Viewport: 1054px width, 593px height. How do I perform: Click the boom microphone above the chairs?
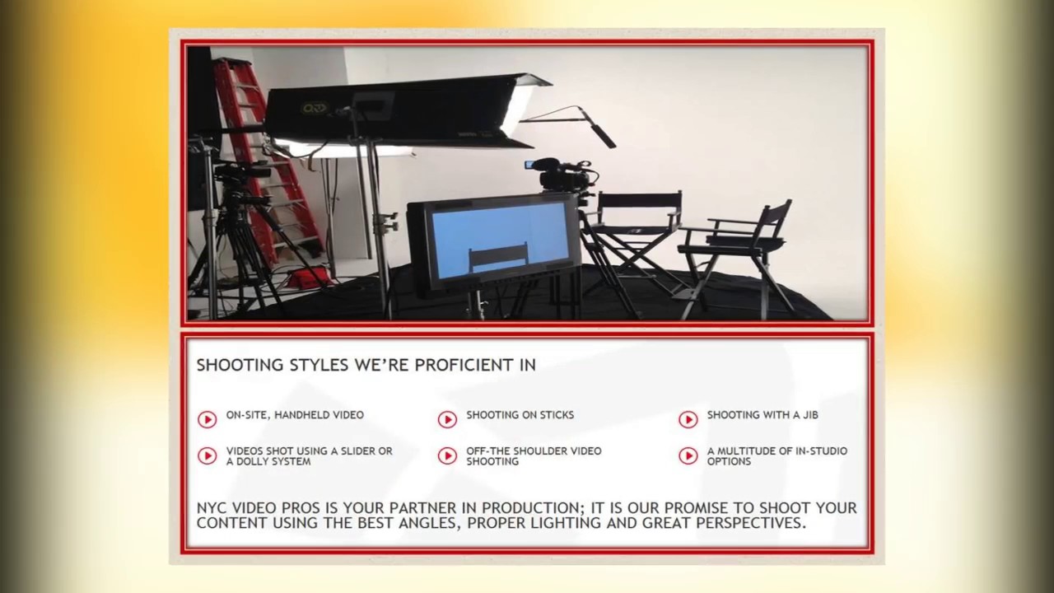click(596, 128)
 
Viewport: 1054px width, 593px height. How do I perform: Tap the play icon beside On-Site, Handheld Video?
click(207, 420)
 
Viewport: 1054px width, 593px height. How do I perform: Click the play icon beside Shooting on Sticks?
click(447, 420)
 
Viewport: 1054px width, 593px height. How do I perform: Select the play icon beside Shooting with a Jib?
click(688, 420)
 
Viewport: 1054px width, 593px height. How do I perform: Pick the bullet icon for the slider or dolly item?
click(207, 456)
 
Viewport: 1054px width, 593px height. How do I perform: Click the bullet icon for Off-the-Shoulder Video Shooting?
click(447, 456)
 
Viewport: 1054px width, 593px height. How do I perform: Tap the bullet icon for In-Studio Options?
click(688, 456)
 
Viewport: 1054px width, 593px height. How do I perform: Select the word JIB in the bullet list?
click(809, 415)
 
